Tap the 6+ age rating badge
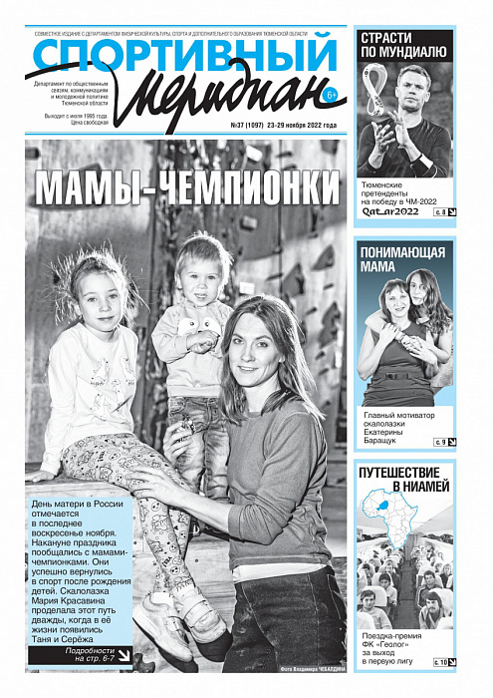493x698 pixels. (331, 96)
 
